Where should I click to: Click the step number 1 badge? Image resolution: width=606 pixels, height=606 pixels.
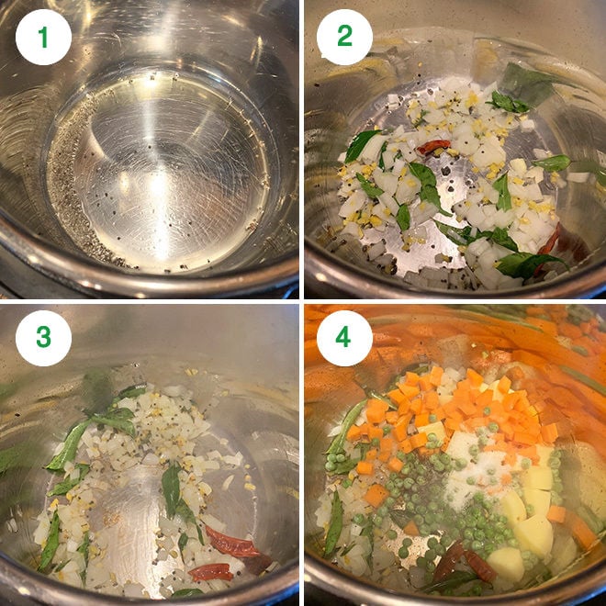coord(43,38)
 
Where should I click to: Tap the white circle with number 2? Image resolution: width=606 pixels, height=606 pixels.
coord(344,38)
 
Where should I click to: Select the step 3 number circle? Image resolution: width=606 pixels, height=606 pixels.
coord(43,337)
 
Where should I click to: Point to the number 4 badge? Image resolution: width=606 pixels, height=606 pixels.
coord(344,337)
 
